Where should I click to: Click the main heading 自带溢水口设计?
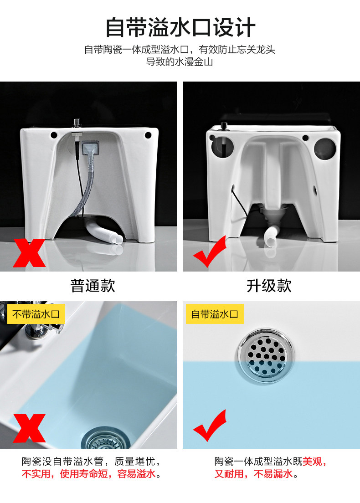coord(180,27)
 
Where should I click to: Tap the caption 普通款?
coord(93,286)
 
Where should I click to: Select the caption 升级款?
coord(269,286)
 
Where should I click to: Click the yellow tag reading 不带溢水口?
coord(36,314)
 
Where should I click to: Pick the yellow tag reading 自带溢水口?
coord(215,314)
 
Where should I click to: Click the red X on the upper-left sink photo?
coord(29,253)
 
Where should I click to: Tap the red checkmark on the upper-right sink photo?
coord(210,251)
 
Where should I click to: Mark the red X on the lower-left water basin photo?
coord(29,428)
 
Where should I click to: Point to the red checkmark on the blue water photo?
coord(210,426)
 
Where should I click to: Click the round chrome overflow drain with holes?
coord(266,355)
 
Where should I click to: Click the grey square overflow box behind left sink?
coord(90,148)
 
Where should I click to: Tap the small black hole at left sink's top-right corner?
coord(148,135)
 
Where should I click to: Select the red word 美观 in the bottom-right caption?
coord(312,461)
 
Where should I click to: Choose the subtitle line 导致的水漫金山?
coord(180,62)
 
